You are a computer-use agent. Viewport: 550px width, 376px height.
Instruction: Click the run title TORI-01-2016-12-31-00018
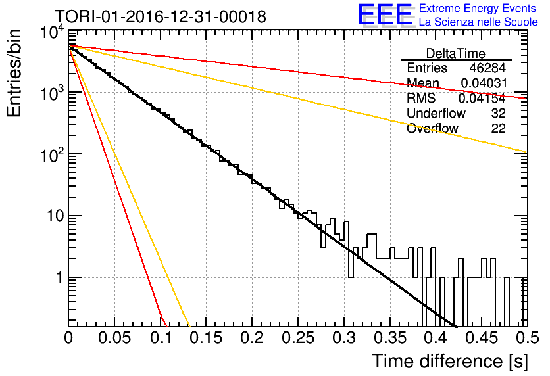pyautogui.click(x=161, y=16)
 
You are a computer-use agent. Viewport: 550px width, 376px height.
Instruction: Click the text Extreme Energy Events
pyautogui.click(x=478, y=8)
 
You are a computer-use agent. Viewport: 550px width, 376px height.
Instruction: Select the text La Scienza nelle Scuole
pyautogui.click(x=478, y=22)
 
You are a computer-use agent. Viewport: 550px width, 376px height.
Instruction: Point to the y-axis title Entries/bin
pyautogui.click(x=14, y=73)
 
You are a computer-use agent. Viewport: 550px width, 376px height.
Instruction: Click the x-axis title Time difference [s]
pyautogui.click(x=450, y=361)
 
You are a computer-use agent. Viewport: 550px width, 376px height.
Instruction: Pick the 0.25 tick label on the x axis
pyautogui.click(x=299, y=338)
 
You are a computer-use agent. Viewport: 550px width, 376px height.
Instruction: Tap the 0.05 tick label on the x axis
pyautogui.click(x=114, y=338)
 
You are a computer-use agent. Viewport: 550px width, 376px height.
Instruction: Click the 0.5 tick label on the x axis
pyautogui.click(x=527, y=338)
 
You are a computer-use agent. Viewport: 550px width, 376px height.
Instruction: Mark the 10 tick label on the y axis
pyautogui.click(x=55, y=216)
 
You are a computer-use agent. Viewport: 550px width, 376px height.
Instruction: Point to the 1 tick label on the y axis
pyautogui.click(x=59, y=277)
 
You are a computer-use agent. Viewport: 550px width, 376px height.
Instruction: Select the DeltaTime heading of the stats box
pyautogui.click(x=456, y=53)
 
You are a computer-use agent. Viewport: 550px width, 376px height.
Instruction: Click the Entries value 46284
pyautogui.click(x=488, y=68)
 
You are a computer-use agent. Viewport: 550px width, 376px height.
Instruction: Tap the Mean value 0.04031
pyautogui.click(x=484, y=83)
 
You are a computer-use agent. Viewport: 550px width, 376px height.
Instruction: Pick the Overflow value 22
pyautogui.click(x=499, y=128)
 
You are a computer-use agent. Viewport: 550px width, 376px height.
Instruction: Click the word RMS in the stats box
pyautogui.click(x=421, y=98)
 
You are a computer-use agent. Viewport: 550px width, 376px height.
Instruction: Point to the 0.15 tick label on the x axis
pyautogui.click(x=207, y=338)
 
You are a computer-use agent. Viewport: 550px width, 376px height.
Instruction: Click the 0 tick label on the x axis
pyautogui.click(x=68, y=338)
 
